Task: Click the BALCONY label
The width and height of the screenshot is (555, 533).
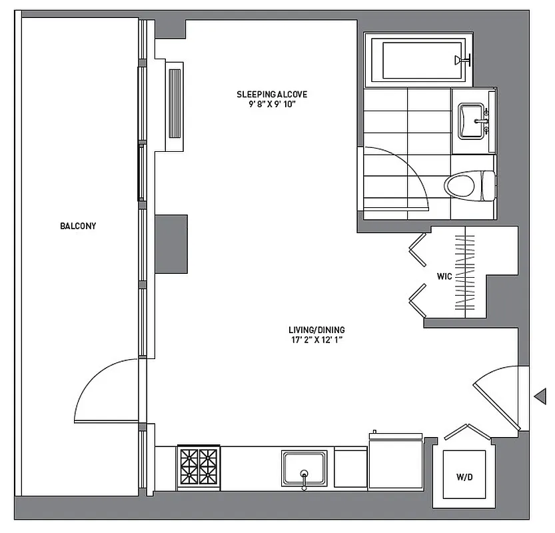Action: point(78,226)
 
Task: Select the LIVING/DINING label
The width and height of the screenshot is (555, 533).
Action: point(316,330)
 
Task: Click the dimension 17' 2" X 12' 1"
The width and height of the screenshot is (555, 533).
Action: point(316,340)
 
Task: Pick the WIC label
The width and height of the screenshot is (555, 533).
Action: point(444,274)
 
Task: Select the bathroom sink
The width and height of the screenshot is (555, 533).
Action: point(472,121)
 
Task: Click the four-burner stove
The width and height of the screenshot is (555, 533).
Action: point(198,464)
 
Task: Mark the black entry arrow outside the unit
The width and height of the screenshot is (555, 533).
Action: point(540,396)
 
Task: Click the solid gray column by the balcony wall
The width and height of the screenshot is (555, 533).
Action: point(171,244)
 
